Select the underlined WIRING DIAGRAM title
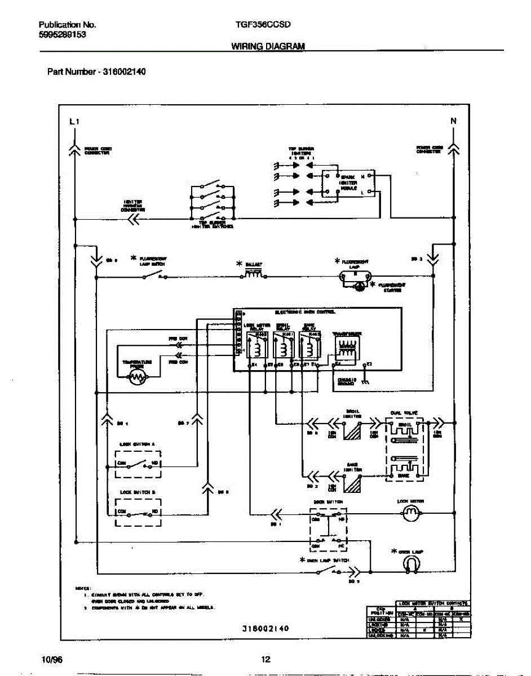268,47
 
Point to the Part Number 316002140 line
96,72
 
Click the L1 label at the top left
74,122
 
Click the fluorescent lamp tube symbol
356,277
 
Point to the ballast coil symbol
253,274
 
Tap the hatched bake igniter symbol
353,483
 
